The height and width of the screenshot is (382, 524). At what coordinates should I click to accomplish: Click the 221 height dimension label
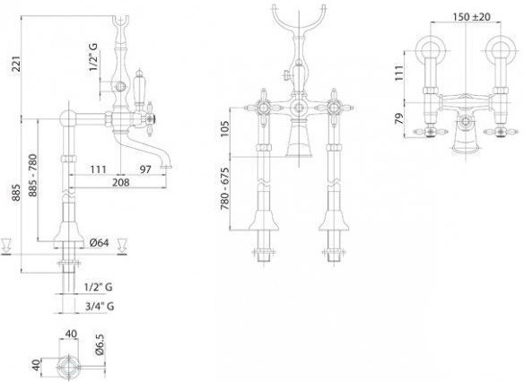tap(16, 64)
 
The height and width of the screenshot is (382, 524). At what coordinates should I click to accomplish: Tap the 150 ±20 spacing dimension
tap(472, 17)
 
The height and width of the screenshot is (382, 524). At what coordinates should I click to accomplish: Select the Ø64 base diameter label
tap(100, 243)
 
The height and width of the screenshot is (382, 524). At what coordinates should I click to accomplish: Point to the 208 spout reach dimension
tap(121, 182)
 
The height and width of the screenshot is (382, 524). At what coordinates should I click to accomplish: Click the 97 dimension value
tap(145, 169)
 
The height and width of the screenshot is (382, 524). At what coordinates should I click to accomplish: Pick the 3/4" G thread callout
tap(100, 306)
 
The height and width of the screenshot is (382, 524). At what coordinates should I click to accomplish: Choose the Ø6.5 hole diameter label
tap(100, 344)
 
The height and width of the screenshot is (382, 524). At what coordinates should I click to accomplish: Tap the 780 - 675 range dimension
tap(225, 188)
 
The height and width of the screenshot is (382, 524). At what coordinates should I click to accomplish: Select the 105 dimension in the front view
tap(225, 129)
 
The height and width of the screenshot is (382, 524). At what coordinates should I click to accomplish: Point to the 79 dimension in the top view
tap(399, 119)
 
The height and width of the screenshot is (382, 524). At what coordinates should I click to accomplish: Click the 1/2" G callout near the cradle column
tap(94, 56)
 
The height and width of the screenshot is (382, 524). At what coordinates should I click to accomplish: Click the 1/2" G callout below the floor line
tap(99, 287)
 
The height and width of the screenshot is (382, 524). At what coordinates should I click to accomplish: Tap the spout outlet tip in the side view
tap(166, 166)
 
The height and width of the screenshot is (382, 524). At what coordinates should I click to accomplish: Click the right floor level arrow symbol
tap(122, 247)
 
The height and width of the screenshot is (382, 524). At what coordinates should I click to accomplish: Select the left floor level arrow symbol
tap(6, 247)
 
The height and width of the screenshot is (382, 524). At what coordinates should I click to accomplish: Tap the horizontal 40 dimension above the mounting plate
tap(71, 334)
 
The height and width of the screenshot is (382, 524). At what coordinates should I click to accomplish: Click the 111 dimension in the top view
tap(399, 73)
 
